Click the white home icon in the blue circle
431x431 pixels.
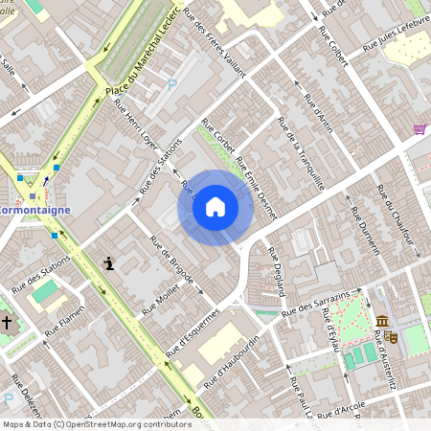point(215,207)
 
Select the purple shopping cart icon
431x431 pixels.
point(419,129)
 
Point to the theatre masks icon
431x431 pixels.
point(393,337)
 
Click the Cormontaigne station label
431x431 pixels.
point(34,208)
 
